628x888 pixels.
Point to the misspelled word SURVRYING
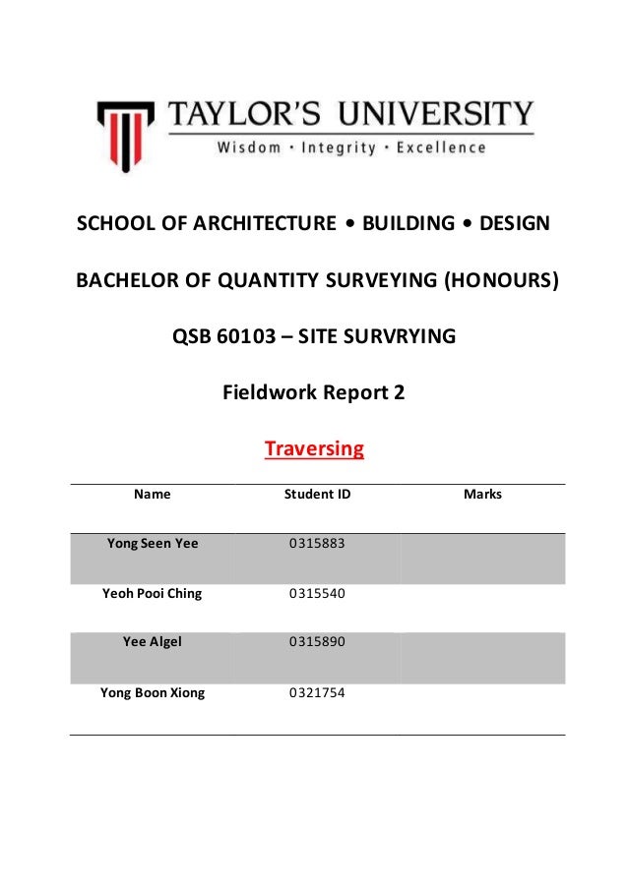(406, 338)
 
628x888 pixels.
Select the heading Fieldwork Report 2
(314, 393)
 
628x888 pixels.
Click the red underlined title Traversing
(314, 450)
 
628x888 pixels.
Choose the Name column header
(152, 495)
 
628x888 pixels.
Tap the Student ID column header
(317, 495)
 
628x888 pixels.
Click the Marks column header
(482, 495)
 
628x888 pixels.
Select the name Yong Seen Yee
(152, 543)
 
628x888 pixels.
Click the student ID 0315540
(317, 594)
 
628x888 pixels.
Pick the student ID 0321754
(317, 692)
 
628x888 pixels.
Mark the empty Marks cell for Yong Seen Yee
(482, 559)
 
